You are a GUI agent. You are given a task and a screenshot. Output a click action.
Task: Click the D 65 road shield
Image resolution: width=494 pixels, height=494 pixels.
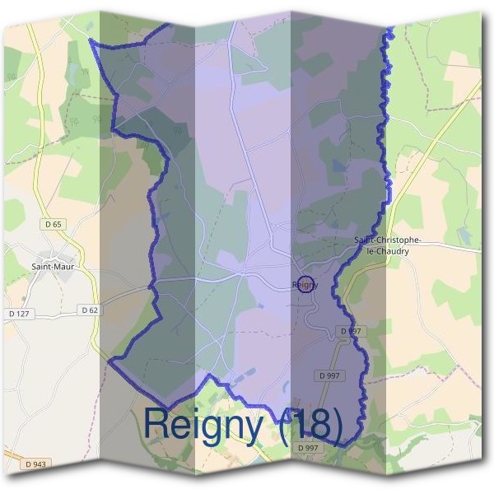[x=54, y=224]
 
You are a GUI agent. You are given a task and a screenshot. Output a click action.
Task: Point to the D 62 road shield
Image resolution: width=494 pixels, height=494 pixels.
[x=90, y=310]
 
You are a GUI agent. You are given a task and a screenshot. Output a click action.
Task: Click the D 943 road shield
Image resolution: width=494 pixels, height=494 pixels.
[x=36, y=464]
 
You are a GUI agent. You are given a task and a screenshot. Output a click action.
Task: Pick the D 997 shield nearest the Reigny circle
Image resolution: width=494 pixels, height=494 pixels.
[x=351, y=331]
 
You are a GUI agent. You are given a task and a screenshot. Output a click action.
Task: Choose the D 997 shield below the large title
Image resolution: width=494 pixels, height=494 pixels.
[x=309, y=447]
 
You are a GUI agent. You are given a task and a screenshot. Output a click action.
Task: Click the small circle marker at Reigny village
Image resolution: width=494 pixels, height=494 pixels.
[x=305, y=284]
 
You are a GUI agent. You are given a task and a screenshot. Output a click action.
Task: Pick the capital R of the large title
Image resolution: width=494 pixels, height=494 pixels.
[x=156, y=422]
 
